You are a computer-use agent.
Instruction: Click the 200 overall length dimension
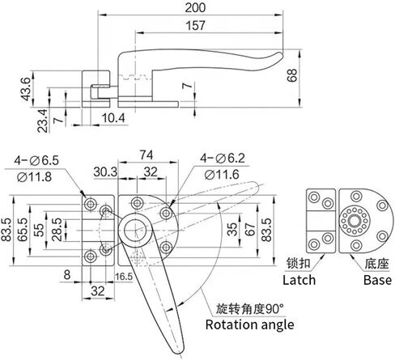coord(195,7)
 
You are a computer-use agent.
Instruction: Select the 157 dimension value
coord(195,25)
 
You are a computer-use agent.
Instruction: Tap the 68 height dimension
coord(292,75)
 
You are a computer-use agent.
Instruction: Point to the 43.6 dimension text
coord(26,89)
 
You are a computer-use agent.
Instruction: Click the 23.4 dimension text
coord(42,121)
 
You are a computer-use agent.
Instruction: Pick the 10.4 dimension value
coord(113,118)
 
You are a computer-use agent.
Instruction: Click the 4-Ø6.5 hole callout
coord(36,160)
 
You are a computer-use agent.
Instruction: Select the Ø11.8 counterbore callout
coord(34,177)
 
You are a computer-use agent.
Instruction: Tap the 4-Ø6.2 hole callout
coord(223,159)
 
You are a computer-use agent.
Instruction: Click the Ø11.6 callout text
coord(222,175)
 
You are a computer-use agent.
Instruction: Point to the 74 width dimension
coord(147,155)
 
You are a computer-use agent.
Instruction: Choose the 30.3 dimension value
coord(105,172)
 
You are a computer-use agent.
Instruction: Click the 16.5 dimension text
coord(124,277)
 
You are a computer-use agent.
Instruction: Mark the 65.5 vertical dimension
coord(22,230)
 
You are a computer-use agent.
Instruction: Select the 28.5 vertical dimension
coord(57,230)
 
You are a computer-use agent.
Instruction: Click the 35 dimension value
coord(232,229)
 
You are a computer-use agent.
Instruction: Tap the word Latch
coord(299,280)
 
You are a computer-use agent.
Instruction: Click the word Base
coord(377,280)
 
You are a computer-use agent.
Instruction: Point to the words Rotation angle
coord(249,325)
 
